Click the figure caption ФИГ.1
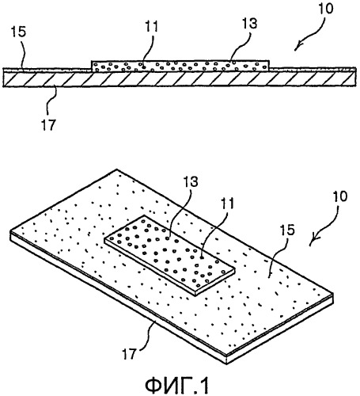pyautogui.click(x=176, y=385)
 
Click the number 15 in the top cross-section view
pyautogui.click(x=18, y=32)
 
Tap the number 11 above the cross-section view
pyautogui.click(x=151, y=26)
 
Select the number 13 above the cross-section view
pyautogui.click(x=249, y=23)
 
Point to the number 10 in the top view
pyautogui.click(x=326, y=8)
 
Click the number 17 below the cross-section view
pyautogui.click(x=49, y=124)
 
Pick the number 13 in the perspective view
pyautogui.click(x=191, y=181)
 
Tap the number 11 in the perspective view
pyautogui.click(x=228, y=204)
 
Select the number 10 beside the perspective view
pyautogui.click(x=340, y=196)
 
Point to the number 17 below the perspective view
pyautogui.click(x=129, y=354)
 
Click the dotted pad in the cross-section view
pyautogui.click(x=180, y=66)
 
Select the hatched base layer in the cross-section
pyautogui.click(x=180, y=79)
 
